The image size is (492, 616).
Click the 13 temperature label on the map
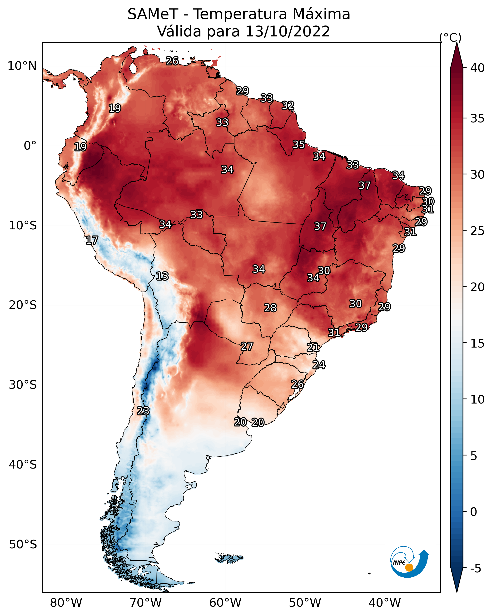coord(162,276)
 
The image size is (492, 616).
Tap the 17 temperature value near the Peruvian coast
coord(92,240)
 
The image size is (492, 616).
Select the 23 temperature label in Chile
coord(143,411)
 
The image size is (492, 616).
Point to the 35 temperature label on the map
coord(299,145)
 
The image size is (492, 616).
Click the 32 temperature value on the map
coord(288,106)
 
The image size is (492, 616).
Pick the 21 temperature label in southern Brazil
coord(313,348)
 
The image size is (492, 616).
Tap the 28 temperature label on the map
coord(270,308)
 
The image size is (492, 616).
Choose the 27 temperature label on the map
coord(247,347)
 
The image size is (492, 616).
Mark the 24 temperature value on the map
coord(319,365)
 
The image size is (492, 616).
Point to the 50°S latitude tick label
coord(23,545)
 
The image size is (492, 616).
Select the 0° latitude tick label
coord(30,146)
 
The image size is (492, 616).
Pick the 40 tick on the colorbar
coord(477,68)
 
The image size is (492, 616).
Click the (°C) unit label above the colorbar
coord(450,37)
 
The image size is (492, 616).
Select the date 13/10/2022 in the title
coord(288,31)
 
